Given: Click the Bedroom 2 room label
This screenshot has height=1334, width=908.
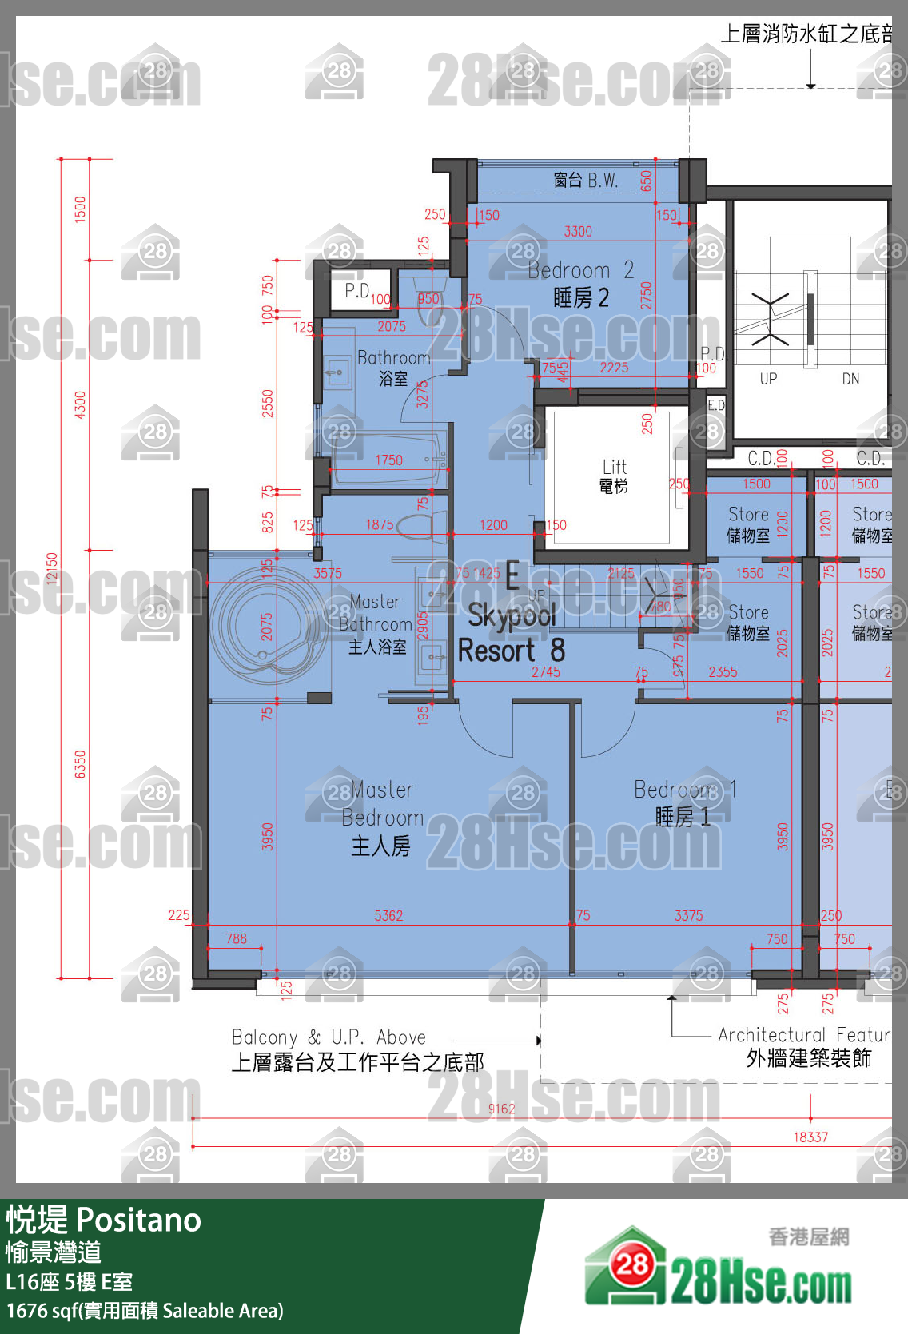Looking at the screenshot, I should pos(581,284).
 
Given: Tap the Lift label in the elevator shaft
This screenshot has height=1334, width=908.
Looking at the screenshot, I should pos(614,476).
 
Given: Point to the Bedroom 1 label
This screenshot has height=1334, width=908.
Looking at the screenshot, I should pos(684,802).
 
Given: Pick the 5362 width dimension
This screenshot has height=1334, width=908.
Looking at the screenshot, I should pos(388,915).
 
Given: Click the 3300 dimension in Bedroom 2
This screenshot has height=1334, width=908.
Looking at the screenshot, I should pos(578,231).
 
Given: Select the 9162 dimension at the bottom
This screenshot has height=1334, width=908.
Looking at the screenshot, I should pos(501,1109).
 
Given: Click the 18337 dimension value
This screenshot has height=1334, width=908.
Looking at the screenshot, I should pos(810,1137).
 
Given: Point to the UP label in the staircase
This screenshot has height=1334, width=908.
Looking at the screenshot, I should pos(768,379).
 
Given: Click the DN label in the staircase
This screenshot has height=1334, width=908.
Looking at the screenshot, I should pos(850,379).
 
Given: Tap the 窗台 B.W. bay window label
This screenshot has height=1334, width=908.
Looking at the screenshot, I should pos(586,181).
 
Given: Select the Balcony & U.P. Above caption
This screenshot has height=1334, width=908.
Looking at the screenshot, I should pos(329,1037).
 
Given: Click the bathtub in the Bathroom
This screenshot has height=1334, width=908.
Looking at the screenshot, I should pos(388,460).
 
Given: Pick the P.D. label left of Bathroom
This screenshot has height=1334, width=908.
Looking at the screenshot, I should pos(357,290).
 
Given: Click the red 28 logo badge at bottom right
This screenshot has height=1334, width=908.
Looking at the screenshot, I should pos(632,1264).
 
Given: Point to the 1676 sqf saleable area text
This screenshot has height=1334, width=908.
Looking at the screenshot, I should pos(145,1311).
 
